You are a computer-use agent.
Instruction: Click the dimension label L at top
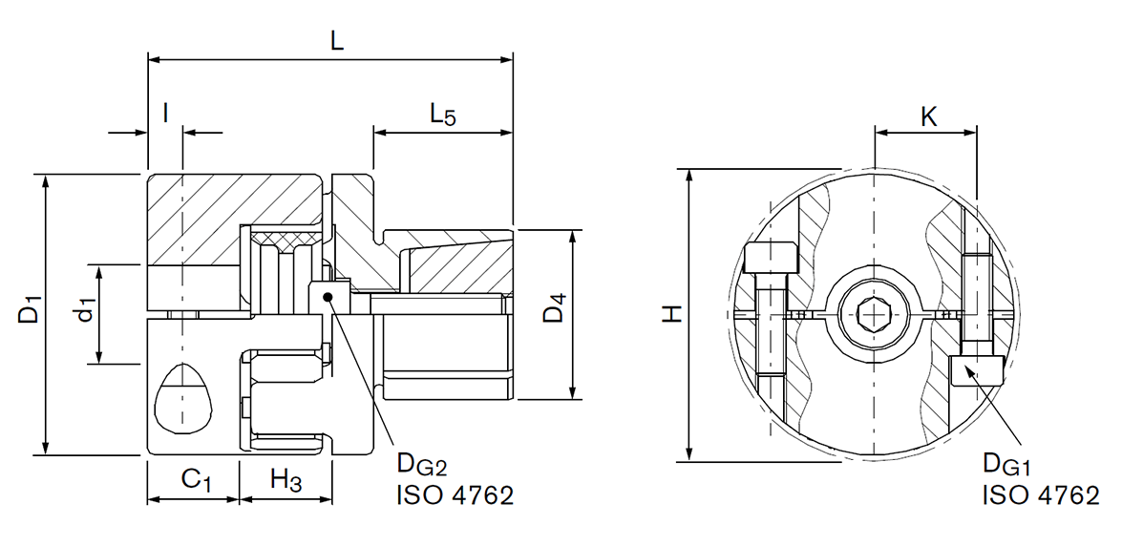coord(336,41)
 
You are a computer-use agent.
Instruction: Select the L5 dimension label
coord(442,115)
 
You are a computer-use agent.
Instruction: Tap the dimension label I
coord(165,114)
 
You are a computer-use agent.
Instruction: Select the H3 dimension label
coord(286,480)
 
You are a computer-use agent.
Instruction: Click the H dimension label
coord(673,313)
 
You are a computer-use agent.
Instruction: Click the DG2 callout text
coord(420,468)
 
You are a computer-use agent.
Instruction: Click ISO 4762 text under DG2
coord(454,495)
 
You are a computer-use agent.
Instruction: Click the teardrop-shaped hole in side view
coord(183,398)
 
